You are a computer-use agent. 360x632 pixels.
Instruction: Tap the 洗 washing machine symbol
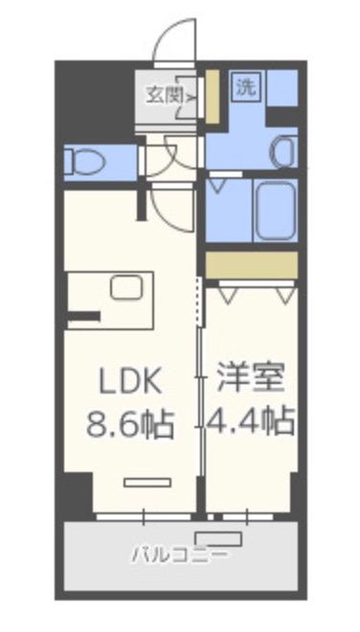(247, 86)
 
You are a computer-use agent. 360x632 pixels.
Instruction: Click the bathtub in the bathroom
(275, 209)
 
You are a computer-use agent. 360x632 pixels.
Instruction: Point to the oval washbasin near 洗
(283, 152)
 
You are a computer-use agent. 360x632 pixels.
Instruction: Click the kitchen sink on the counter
(124, 286)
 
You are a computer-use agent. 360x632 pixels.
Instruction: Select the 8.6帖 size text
(130, 421)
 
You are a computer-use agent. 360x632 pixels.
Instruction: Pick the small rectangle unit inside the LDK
(145, 483)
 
